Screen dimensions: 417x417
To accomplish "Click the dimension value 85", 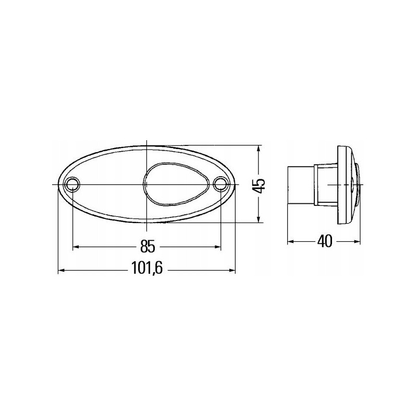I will point(148,246).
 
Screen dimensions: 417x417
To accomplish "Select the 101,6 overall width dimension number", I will point(148,270).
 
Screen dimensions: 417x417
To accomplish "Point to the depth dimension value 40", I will point(324,242).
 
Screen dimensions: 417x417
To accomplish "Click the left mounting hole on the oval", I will point(72,184).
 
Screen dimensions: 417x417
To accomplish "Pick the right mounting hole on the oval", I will point(221,184).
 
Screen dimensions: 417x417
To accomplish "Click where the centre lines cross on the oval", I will point(148,185).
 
